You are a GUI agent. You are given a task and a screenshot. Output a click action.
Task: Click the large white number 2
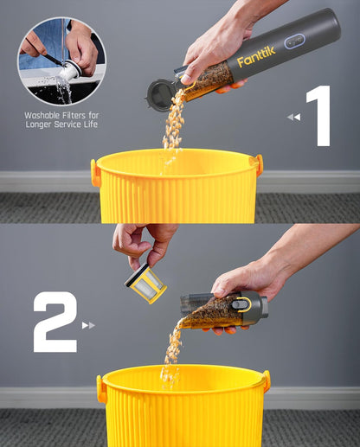55,322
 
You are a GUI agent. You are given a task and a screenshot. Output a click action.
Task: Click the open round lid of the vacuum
159,94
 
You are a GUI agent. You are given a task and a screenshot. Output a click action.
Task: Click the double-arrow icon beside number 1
294,117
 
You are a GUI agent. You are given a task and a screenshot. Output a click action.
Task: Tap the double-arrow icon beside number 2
88,325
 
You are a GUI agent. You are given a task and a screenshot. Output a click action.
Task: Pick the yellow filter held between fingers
145,283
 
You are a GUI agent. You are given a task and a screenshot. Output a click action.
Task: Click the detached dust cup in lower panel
221,310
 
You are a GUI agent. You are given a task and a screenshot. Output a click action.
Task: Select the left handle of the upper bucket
95,172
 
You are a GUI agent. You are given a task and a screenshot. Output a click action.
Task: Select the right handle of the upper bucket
256,165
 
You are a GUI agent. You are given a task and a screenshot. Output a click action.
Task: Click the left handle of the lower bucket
101,388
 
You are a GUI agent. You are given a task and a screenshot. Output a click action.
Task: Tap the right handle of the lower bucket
266,381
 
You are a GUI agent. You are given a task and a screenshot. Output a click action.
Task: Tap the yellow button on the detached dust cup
247,304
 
